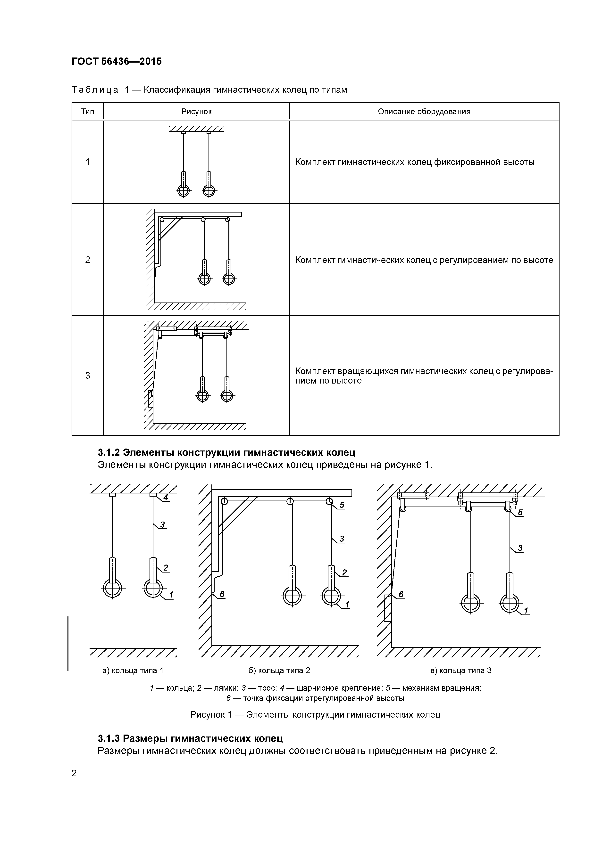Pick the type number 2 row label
(88, 260)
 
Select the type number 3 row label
(88, 376)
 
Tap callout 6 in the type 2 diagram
(222, 595)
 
